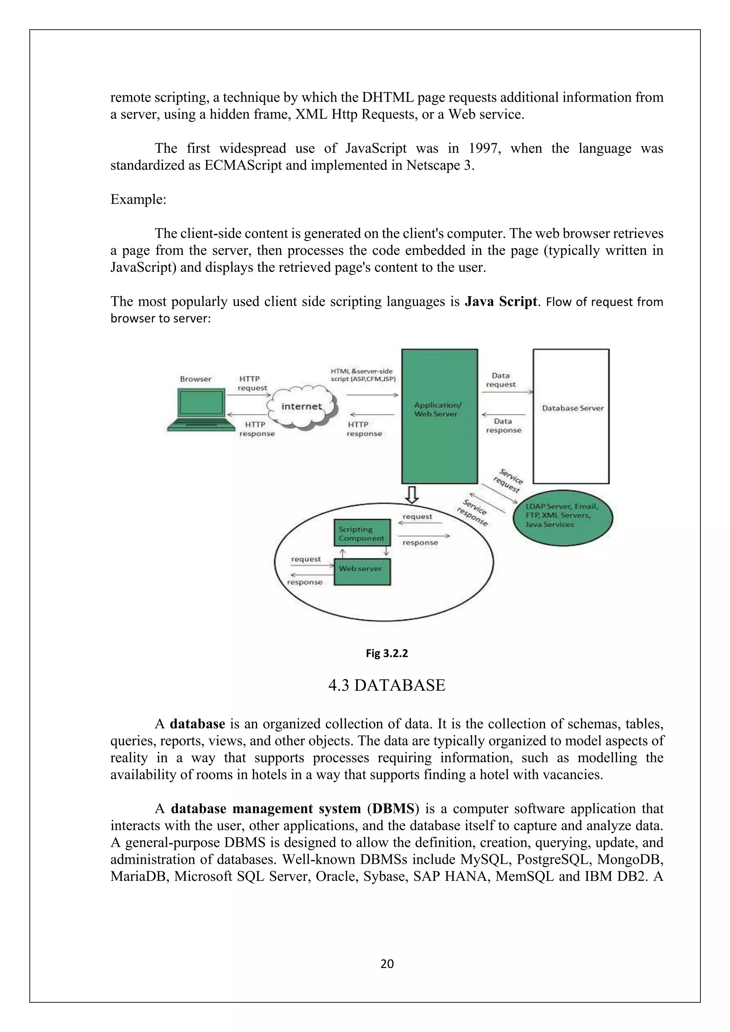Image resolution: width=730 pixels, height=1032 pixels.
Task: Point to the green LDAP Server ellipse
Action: pos(563,518)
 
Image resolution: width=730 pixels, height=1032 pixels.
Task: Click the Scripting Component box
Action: pos(361,533)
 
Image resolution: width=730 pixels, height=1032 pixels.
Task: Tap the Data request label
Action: pos(501,380)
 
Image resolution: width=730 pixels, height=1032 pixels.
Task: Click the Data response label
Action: pos(503,425)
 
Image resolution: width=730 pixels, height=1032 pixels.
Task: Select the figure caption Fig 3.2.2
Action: pos(387,654)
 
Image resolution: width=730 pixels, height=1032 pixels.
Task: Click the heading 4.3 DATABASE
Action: pos(387,686)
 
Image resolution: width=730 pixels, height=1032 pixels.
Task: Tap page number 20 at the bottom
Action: pos(387,964)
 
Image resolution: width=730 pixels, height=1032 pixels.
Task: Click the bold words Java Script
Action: pos(501,301)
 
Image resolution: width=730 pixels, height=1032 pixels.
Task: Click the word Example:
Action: pos(138,199)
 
